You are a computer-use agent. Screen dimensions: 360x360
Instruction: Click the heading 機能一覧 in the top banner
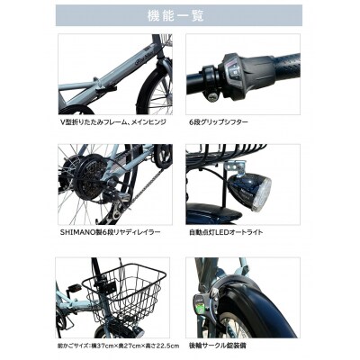179,15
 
